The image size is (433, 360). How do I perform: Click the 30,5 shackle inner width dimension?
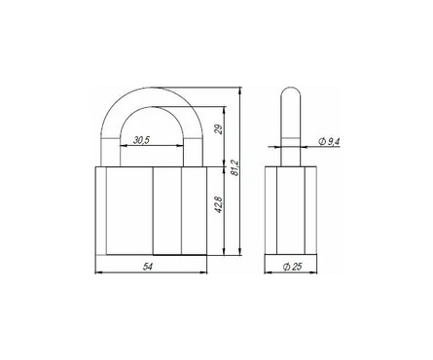coord(141,140)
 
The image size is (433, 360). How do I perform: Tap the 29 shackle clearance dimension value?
coord(219,129)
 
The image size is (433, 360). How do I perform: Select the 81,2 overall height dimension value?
coord(235,167)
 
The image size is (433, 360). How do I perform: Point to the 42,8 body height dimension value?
coord(219,204)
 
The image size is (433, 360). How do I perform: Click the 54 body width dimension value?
coord(148,267)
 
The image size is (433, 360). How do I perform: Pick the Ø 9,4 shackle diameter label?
coord(329,141)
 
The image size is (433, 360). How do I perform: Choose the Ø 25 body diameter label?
coord(292,267)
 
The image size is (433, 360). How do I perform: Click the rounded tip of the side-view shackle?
coord(291,88)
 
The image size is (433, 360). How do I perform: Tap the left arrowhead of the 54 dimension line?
coord(98,272)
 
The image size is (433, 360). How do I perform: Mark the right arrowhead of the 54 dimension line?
coord(204,272)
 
